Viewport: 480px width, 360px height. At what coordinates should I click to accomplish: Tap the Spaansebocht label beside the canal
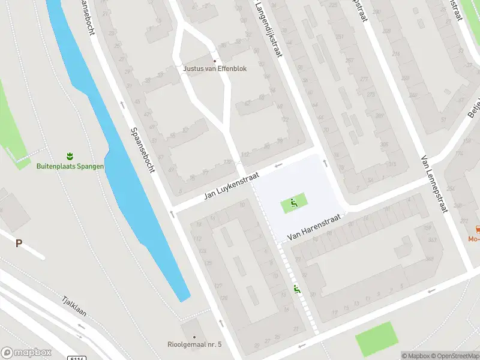click(143, 149)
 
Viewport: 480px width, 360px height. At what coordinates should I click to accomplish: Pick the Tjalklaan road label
click(75, 308)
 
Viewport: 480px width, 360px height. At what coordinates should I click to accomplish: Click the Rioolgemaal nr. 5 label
click(194, 344)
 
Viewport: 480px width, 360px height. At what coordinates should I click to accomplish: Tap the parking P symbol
click(19, 243)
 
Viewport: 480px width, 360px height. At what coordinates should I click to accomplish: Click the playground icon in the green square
click(293, 203)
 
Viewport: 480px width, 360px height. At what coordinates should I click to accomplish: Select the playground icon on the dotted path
click(297, 290)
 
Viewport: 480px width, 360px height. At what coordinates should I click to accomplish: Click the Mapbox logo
click(26, 353)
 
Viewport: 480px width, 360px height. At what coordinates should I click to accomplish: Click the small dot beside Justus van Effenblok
click(215, 61)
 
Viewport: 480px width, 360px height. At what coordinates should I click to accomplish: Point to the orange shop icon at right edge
click(478, 229)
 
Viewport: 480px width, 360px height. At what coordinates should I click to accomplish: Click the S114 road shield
click(78, 358)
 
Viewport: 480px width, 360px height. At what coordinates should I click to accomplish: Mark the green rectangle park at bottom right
click(376, 338)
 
